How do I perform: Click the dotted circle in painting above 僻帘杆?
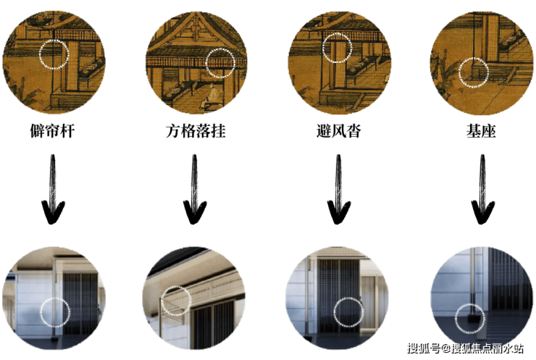(x=54, y=54)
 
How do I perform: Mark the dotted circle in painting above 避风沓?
(x=337, y=47)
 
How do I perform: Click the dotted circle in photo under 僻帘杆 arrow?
(x=55, y=312)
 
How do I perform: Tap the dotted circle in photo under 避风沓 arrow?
(x=349, y=312)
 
